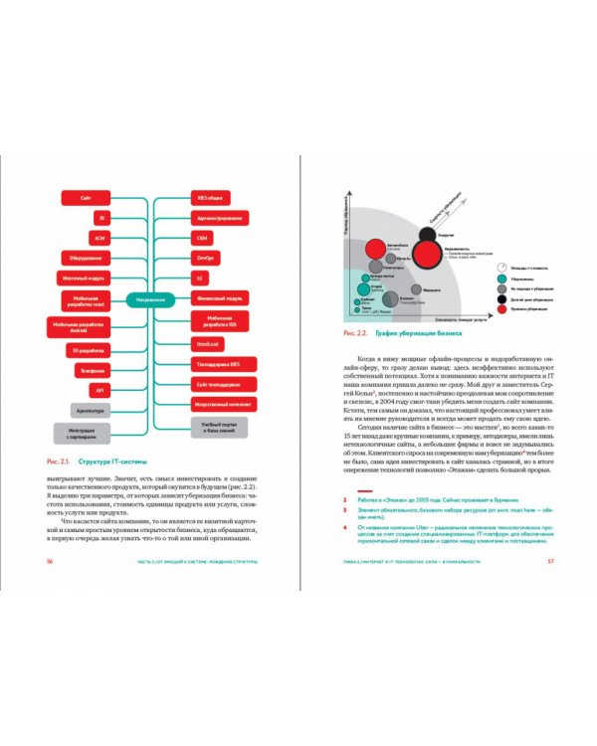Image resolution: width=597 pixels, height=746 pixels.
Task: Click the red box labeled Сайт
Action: click(88, 198)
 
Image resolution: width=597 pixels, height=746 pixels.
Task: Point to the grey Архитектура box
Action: click(94, 409)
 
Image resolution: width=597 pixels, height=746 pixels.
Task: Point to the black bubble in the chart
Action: click(426, 236)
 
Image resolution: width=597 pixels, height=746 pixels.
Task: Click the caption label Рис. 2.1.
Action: click(57, 462)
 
